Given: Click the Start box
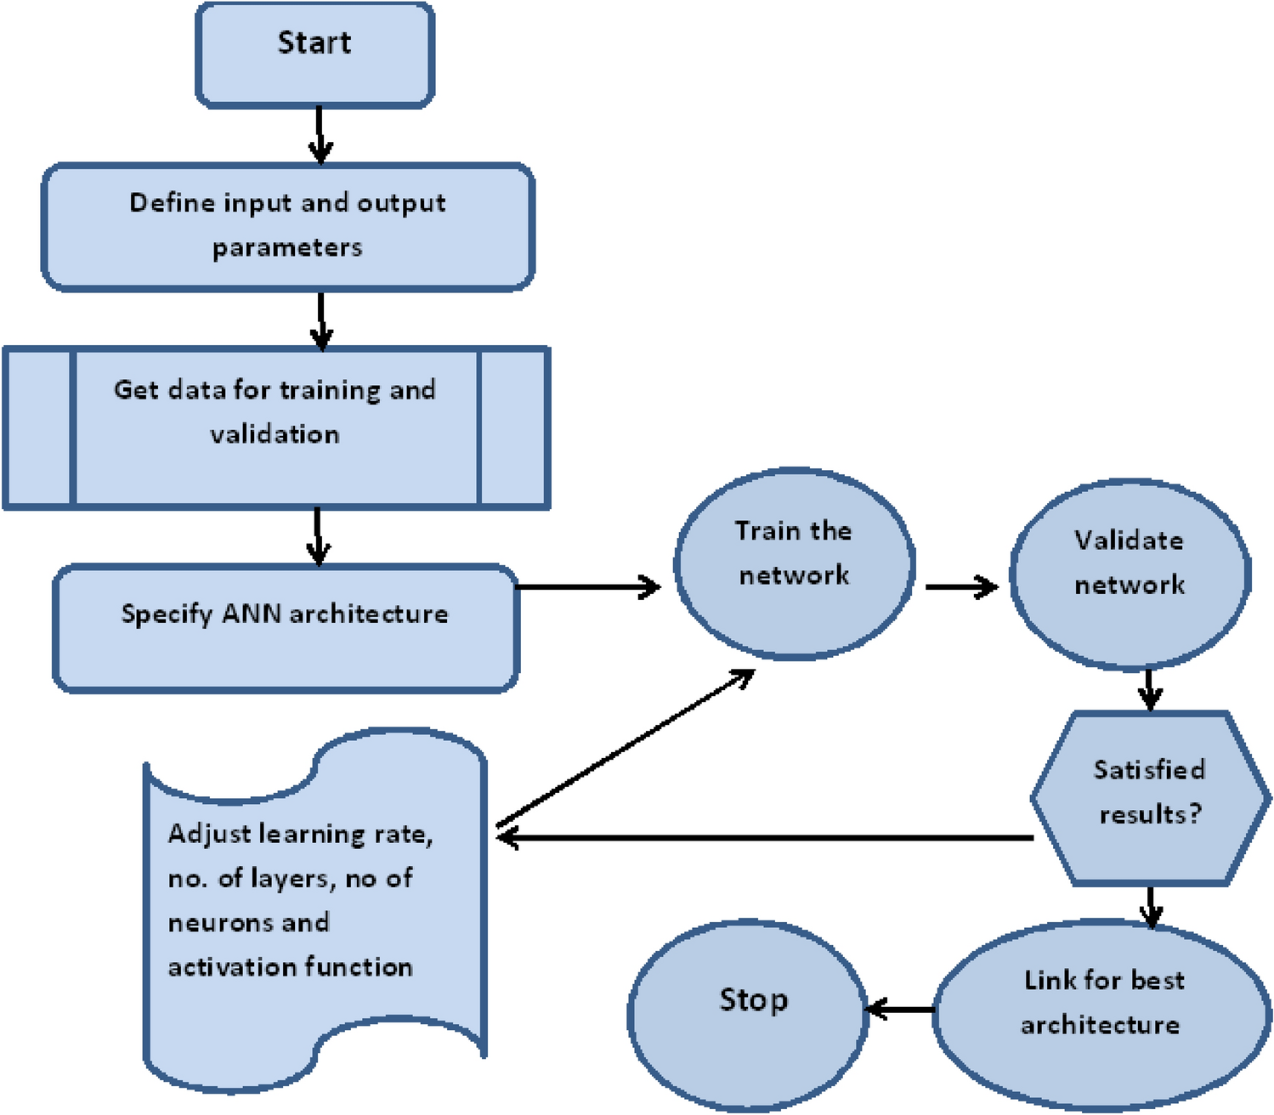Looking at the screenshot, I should tap(314, 55).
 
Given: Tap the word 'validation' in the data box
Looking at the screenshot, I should tap(275, 434).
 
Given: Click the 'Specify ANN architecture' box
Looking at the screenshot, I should tap(286, 629).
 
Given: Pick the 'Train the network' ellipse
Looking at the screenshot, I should tap(794, 563).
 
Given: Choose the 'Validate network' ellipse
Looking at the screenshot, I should tap(1130, 574).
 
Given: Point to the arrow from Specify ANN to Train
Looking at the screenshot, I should tap(586, 586).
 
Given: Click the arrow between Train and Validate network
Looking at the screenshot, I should tap(960, 586).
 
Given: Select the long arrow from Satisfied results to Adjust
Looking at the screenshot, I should tap(765, 838).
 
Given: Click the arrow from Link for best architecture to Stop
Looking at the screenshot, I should tap(901, 1010).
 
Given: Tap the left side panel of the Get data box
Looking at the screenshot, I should tap(39, 427).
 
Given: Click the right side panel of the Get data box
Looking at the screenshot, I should tap(513, 427).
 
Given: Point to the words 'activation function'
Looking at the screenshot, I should tap(290, 967).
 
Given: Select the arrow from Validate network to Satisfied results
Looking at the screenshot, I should tap(1149, 689).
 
